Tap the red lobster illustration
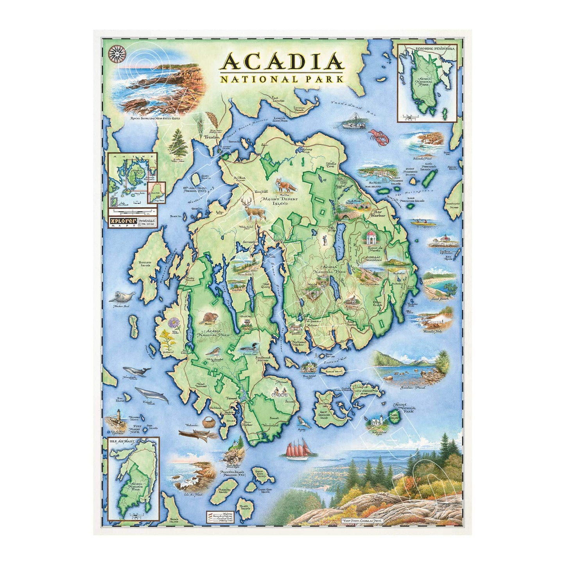(378, 136)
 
